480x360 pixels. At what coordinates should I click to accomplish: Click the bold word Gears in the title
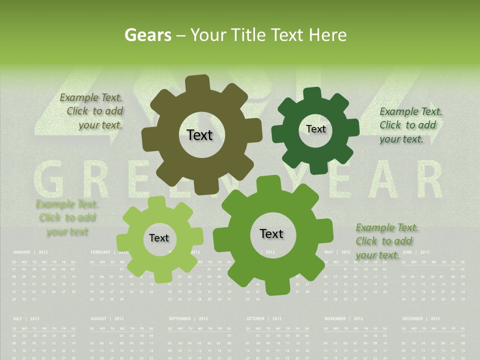pyautogui.click(x=147, y=35)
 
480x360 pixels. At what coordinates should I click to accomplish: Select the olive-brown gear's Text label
pyautogui.click(x=199, y=135)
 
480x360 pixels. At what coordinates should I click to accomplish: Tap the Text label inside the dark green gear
pyautogui.click(x=315, y=129)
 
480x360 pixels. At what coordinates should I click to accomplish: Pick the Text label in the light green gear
pyautogui.click(x=159, y=238)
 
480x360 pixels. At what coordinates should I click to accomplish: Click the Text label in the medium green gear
pyautogui.click(x=271, y=233)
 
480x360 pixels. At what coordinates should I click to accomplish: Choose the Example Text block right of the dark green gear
pyautogui.click(x=410, y=125)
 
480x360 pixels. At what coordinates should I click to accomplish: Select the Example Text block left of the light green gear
pyautogui.click(x=67, y=217)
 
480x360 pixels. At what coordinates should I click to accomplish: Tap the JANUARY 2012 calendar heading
pyautogui.click(x=30, y=252)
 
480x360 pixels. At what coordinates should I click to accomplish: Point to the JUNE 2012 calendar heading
pyautogui.click(x=415, y=252)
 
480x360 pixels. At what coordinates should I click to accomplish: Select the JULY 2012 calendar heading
pyautogui.click(x=26, y=318)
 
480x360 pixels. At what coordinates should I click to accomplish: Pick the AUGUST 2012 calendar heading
pyautogui.click(x=107, y=318)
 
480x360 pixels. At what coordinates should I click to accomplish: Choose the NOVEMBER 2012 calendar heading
pyautogui.click(x=342, y=318)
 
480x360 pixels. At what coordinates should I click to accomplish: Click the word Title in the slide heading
pyautogui.click(x=248, y=35)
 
